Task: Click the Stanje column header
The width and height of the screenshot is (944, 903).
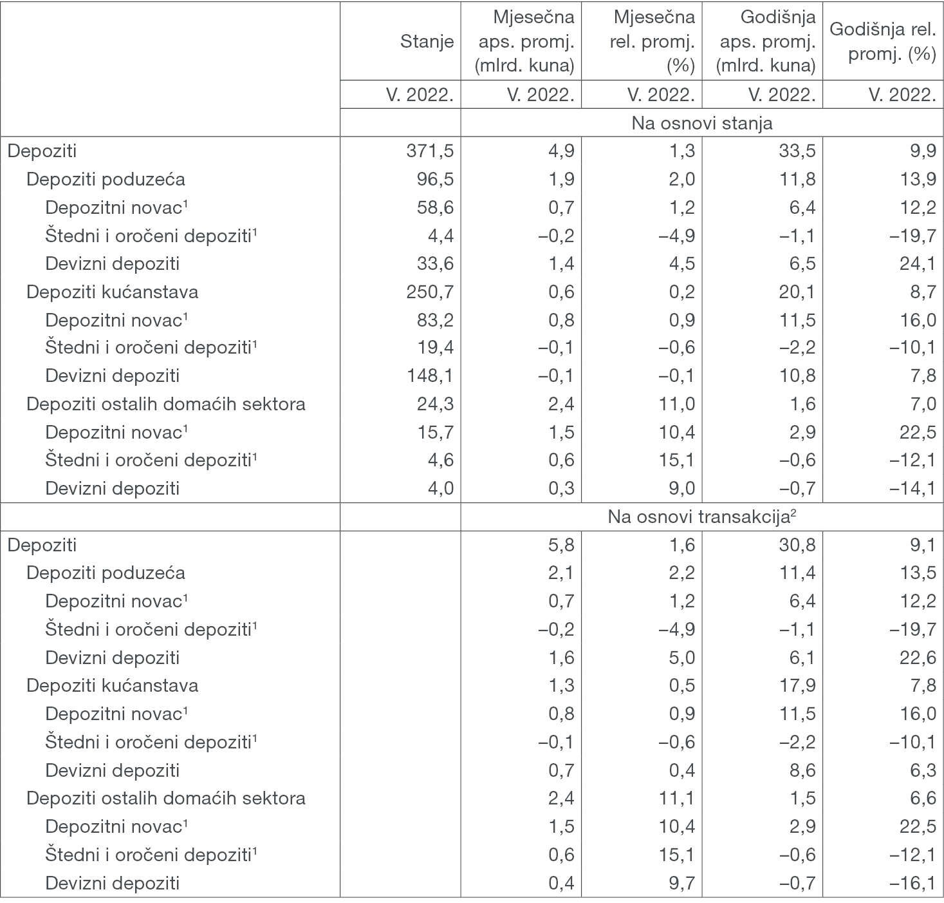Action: tap(427, 42)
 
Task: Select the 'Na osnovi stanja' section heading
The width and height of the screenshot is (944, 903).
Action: tap(702, 123)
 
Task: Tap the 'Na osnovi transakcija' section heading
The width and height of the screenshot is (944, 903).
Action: tap(702, 517)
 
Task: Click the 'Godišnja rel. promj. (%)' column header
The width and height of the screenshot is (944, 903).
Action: tap(883, 42)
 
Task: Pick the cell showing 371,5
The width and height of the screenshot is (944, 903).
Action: tap(430, 151)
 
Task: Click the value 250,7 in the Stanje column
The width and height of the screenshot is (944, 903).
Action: tap(430, 292)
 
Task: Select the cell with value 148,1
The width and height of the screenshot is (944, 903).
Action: tap(430, 375)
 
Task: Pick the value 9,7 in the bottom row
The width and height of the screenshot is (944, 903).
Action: tap(682, 882)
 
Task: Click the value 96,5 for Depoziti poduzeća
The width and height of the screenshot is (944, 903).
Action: tap(435, 179)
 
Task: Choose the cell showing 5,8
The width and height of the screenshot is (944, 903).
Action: tap(561, 545)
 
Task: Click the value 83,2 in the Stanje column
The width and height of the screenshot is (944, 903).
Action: tap(435, 320)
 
